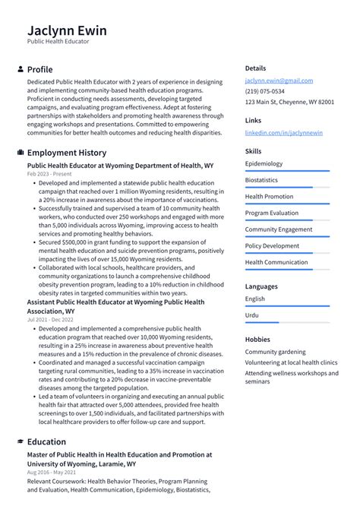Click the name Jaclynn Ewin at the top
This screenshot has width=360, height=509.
(67, 30)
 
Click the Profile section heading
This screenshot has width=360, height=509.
(39, 69)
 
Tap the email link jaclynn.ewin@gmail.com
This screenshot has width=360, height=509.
(278, 81)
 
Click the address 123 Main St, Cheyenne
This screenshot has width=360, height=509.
(289, 102)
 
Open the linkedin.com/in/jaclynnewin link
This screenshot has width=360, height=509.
(283, 133)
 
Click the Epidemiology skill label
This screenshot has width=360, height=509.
(264, 163)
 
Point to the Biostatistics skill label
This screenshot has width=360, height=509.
(261, 180)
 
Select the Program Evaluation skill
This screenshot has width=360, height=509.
(272, 213)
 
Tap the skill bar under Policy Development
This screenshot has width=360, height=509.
(287, 253)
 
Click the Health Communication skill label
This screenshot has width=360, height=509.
(276, 262)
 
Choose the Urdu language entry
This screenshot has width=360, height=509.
(251, 315)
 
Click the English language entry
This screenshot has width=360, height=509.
(255, 299)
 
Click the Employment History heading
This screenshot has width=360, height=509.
(67, 153)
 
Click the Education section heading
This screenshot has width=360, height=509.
(46, 441)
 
